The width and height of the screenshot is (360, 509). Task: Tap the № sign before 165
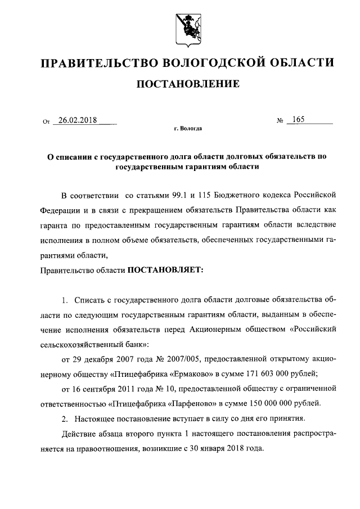point(280,121)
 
